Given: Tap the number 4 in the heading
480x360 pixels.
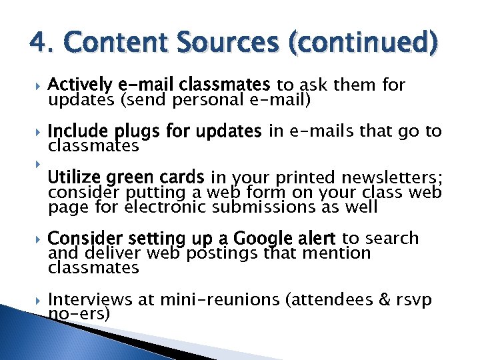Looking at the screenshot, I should click(37, 44).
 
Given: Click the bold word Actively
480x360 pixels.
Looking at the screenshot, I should click(80, 85).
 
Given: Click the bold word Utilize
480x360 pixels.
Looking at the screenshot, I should click(73, 177).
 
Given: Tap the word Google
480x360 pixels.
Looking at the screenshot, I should click(262, 239).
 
